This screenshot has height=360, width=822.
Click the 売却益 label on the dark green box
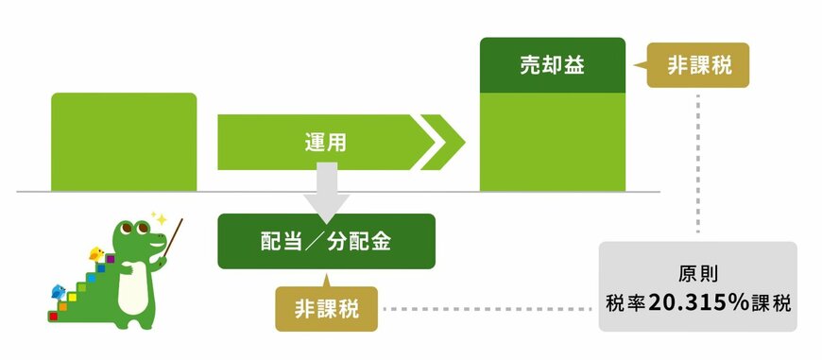click(552, 65)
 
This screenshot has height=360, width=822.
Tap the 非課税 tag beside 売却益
click(697, 65)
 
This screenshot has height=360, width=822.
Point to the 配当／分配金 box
click(326, 241)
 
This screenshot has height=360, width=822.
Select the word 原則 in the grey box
click(698, 275)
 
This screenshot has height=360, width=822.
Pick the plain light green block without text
click(124, 142)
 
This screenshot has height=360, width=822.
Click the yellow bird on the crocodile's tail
click(95, 253)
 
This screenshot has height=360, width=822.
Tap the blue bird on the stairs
click(59, 292)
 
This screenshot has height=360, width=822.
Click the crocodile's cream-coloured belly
click(135, 283)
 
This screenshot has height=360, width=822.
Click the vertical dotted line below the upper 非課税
click(698, 161)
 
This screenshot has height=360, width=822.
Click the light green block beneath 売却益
click(552, 142)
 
